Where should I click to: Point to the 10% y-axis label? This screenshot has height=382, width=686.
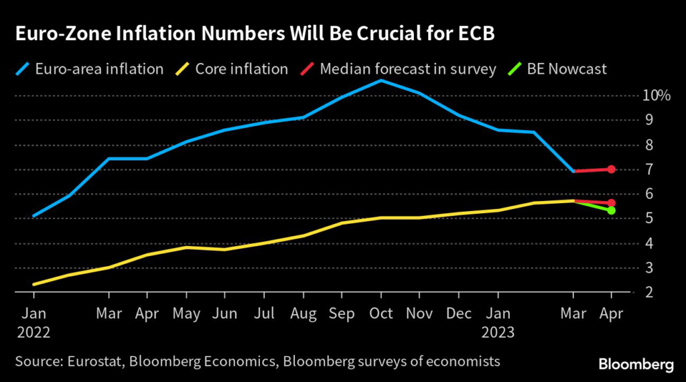pos(657,96)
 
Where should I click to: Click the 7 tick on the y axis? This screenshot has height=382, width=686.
pos(649,170)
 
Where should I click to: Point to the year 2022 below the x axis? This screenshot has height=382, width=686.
pos(33,330)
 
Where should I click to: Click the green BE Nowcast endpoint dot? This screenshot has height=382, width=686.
pos(611,210)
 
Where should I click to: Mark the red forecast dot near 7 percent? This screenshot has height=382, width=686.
pos(611,169)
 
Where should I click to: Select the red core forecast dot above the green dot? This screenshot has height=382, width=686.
pos(611,203)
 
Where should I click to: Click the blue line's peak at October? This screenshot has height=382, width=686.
pos(381,80)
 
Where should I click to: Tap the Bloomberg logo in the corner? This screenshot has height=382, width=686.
pos(636,364)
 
